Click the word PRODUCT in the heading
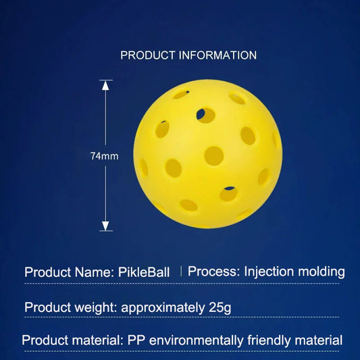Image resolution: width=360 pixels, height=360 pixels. coord(147,55)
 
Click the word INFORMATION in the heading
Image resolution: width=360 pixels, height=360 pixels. coord(216,55)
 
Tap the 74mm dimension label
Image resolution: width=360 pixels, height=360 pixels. coord(105,156)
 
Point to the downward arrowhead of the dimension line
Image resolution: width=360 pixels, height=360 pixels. coord(105,226)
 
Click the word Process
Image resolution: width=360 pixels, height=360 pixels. coord(212,272)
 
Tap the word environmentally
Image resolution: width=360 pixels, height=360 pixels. coord(196,341)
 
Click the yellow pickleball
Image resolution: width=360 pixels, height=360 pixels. coord(207,155)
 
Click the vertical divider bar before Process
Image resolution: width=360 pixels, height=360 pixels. coord(181,272)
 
